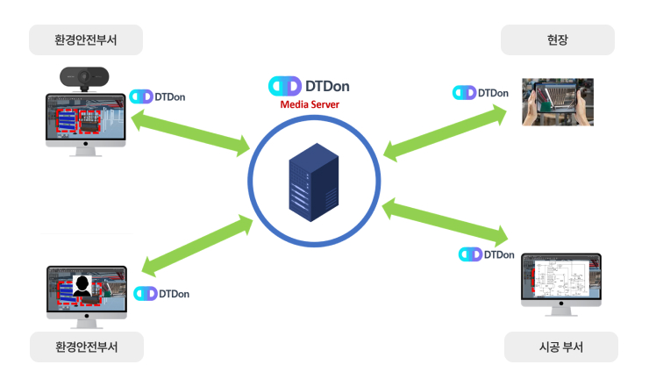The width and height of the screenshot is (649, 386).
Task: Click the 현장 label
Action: pos(558,40)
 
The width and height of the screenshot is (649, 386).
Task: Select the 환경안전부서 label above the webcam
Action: pos(86,40)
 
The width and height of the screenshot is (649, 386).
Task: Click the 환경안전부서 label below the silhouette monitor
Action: pos(86,348)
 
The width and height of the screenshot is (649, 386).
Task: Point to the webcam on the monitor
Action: pos(85,78)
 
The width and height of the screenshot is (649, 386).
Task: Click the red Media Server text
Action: pos(310,105)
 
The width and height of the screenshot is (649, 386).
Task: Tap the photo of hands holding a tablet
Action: pos(558,103)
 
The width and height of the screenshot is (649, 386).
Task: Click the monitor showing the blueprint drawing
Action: pos(561,286)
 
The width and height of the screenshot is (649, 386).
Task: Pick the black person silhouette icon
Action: pos(83,286)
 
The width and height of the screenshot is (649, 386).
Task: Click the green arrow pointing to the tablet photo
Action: pos(446,132)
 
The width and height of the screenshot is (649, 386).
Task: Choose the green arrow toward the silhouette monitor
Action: pos(197,245)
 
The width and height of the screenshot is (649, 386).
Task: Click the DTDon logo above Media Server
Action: pos(310,86)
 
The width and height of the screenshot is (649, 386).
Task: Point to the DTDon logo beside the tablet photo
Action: pos(481,93)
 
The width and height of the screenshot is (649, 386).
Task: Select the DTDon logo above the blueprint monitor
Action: pos(487,254)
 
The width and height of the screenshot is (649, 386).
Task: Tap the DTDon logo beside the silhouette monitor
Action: pos(161,293)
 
